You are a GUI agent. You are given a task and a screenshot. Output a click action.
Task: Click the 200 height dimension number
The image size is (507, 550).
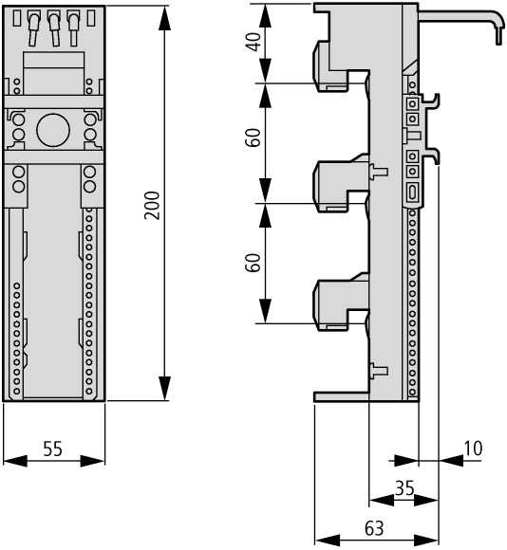(152, 206)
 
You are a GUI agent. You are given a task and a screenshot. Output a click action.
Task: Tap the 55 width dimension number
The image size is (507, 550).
(52, 449)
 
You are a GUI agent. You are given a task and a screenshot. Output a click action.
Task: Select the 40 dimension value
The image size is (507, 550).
(253, 42)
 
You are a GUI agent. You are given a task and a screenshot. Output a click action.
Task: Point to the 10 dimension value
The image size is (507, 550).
(473, 449)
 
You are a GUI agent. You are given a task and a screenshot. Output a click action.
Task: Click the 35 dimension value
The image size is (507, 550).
(404, 488)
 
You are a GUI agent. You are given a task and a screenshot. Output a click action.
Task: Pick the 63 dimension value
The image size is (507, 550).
(374, 528)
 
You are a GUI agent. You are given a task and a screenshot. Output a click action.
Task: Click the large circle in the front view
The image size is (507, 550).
(53, 130)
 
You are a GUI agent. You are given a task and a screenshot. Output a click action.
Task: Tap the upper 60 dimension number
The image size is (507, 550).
(253, 137)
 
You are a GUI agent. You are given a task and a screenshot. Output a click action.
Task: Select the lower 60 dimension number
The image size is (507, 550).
(253, 263)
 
